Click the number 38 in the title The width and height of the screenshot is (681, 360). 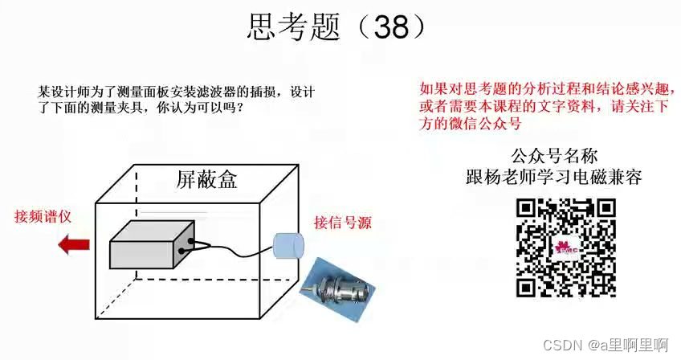[392, 27]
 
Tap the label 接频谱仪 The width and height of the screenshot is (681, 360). [43, 217]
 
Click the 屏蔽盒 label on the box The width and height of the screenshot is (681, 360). [206, 179]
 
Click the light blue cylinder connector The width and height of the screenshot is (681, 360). [287, 247]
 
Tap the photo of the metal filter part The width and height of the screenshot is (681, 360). [340, 284]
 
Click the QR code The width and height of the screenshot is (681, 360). [566, 247]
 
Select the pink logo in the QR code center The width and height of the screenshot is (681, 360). [565, 247]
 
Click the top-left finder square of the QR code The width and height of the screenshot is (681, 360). [526, 208]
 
